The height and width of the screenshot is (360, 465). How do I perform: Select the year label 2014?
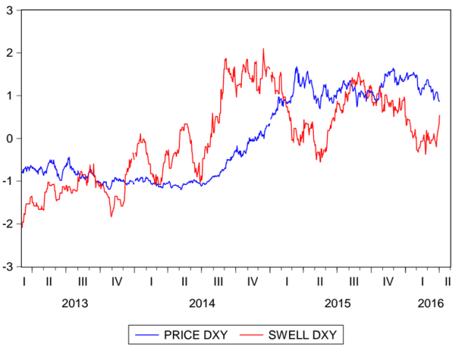coord(202,303)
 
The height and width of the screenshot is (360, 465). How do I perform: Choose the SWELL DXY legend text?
coord(305,335)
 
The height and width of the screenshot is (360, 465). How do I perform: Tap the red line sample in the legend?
coord(251,335)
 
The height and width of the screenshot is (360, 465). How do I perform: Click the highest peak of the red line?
coord(263,49)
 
